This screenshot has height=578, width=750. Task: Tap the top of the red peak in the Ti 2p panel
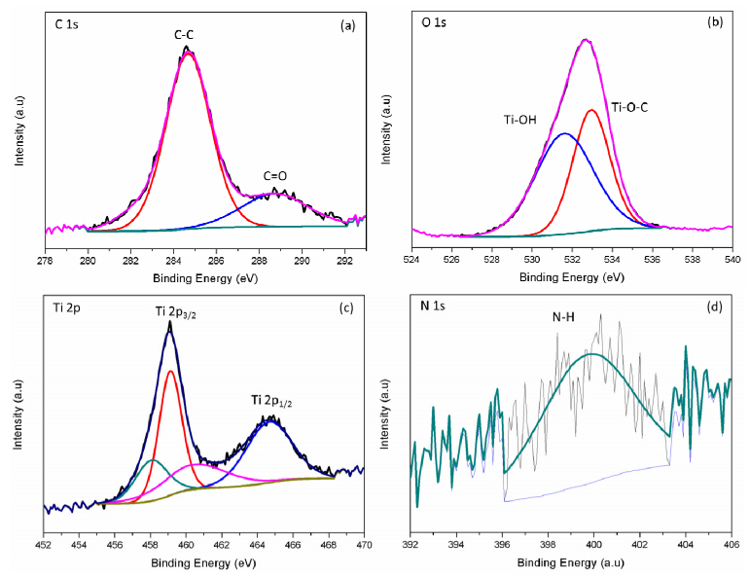pyautogui.click(x=170, y=370)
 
